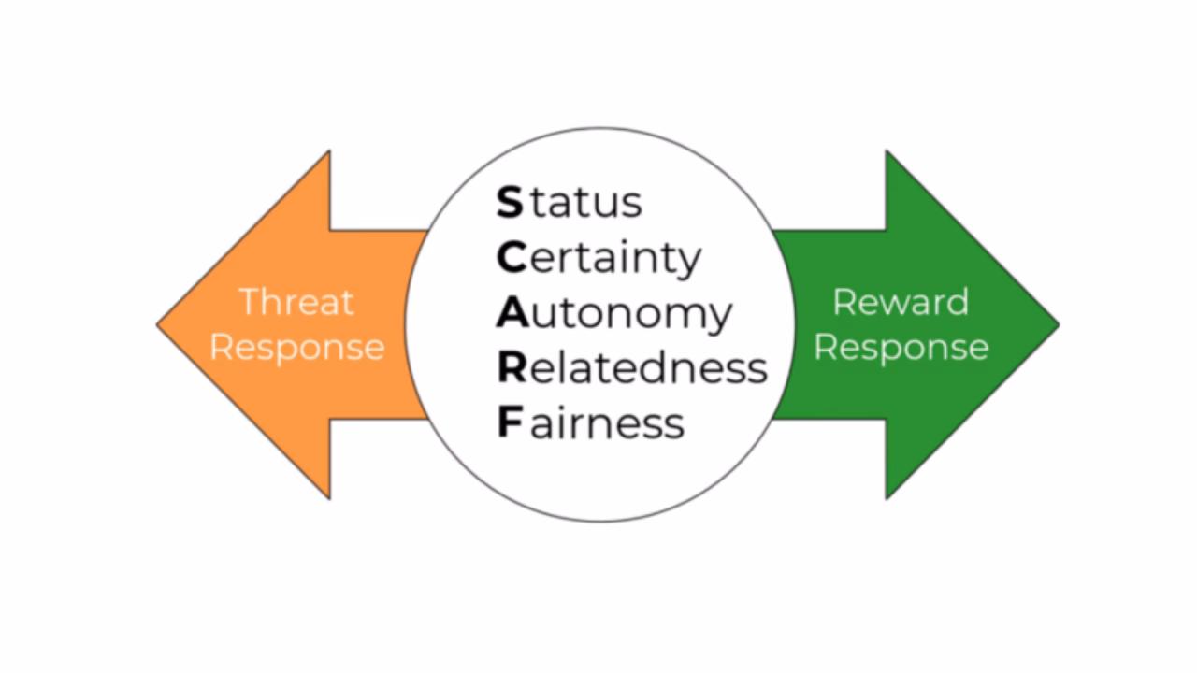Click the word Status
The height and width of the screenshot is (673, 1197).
[569, 202]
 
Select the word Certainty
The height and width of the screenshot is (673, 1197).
[598, 257]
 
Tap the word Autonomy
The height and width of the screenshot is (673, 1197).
[613, 314]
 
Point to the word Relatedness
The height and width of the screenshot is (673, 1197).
[632, 367]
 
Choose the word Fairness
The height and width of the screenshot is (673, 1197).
[590, 422]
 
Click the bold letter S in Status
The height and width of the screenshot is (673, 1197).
[510, 202]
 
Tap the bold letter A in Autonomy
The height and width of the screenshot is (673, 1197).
[512, 313]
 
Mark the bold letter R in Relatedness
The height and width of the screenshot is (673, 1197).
[512, 367]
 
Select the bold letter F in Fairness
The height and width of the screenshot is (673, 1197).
[508, 422]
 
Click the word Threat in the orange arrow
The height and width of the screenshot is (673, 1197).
[296, 302]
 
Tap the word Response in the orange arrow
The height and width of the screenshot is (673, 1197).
[296, 347]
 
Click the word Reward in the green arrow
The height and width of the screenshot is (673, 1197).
[901, 302]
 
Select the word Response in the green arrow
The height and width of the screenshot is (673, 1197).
[901, 347]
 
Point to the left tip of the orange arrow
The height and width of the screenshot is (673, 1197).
[160, 325]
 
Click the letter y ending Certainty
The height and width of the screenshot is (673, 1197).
[688, 262]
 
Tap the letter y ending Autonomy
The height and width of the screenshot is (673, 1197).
[717, 319]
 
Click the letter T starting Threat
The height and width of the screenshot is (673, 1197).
[250, 302]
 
